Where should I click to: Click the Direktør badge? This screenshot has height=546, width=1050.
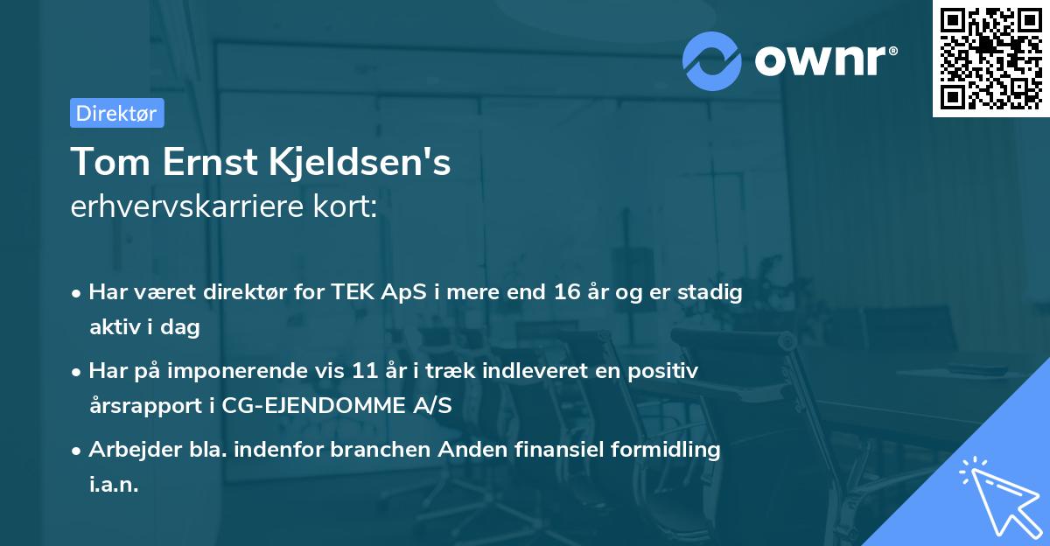tap(116, 113)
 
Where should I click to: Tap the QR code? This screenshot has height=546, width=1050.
tap(990, 58)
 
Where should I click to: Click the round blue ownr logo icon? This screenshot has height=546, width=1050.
tap(713, 60)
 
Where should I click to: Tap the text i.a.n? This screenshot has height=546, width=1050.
tap(114, 485)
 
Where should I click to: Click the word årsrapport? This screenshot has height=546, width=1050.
tap(144, 406)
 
